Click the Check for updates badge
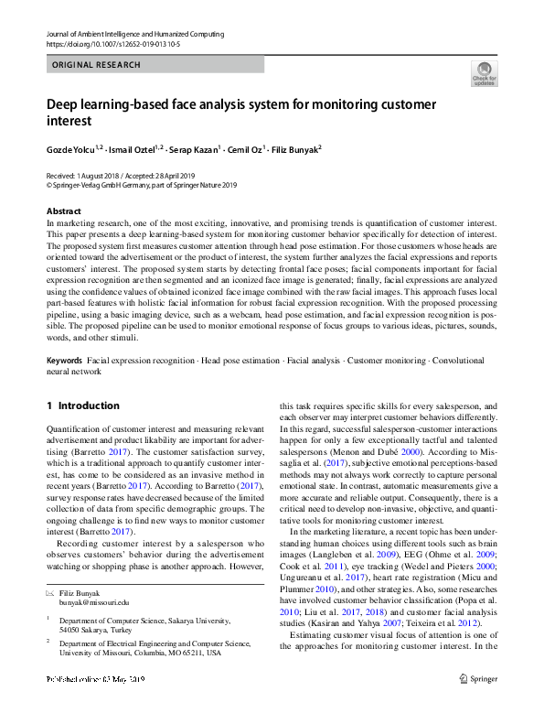point(485,73)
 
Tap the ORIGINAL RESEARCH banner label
point(97,65)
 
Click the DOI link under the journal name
point(107,43)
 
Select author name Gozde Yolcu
point(74,147)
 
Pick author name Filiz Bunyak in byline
point(293,147)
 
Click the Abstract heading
point(63,211)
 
